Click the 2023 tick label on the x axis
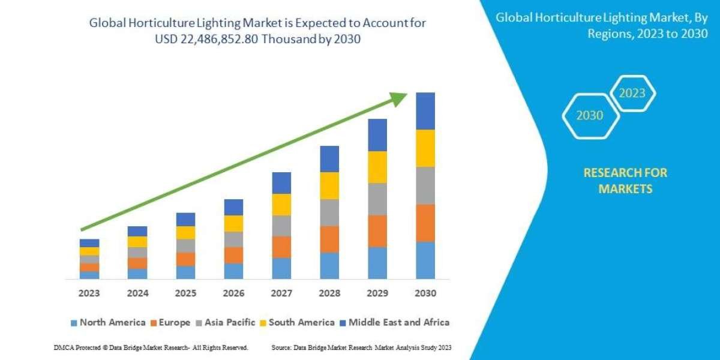(89, 294)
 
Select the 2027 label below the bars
(281, 294)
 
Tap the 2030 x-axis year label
(425, 294)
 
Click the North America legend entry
(107, 322)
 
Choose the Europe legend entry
(170, 322)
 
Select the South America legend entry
(296, 322)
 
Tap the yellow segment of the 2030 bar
(425, 148)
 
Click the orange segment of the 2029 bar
(377, 231)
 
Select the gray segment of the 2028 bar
(329, 212)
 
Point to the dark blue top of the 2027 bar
(281, 183)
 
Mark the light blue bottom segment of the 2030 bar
(425, 260)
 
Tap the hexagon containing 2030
(590, 116)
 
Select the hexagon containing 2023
(632, 93)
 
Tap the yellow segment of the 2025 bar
(185, 233)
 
